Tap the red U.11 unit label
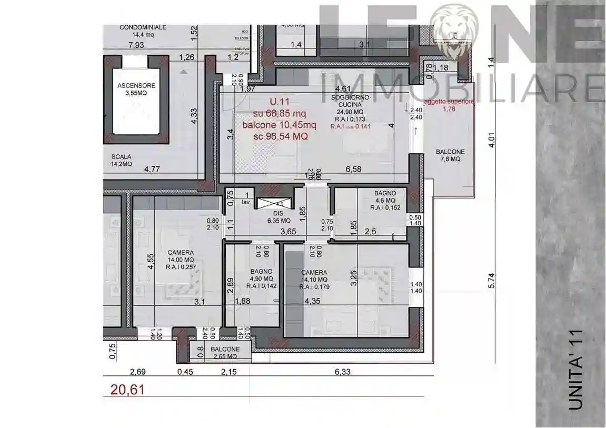pos(279,101)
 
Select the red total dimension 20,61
pos(127,390)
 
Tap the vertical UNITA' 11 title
pos(575,368)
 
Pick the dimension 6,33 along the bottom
pos(342,372)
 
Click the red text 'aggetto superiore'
pos(449,101)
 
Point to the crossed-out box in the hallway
pos(274,203)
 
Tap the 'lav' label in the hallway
pos(245,202)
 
